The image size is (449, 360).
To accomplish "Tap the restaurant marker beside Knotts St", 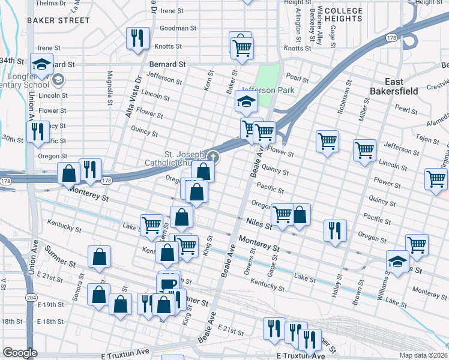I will pyautogui.click(x=137, y=38).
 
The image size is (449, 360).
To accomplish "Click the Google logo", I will pyautogui.click(x=20, y=353).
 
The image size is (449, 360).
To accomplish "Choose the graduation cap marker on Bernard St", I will pyautogui.click(x=41, y=65).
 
